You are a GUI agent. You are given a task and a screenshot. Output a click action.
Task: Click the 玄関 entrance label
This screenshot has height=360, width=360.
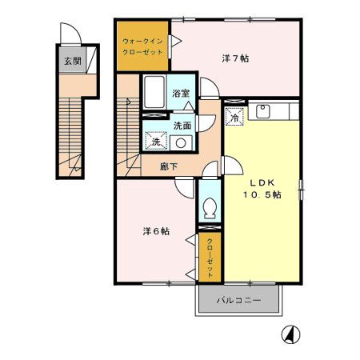pyautogui.click(x=73, y=61)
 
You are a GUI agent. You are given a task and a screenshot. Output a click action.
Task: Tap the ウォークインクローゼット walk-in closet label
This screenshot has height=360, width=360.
pyautogui.click(x=142, y=46)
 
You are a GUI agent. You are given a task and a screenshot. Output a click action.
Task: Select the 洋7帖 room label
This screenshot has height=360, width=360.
pyautogui.click(x=235, y=58)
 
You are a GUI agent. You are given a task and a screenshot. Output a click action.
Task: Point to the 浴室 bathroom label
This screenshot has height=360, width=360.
pyautogui.click(x=181, y=93)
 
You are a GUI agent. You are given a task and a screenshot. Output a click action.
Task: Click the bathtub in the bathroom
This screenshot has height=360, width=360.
pyautogui.click(x=154, y=92)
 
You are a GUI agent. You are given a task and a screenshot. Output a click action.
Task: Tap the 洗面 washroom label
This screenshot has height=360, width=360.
pyautogui.click(x=182, y=126)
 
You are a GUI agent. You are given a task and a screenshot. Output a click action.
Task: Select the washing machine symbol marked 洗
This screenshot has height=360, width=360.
pyautogui.click(x=156, y=141)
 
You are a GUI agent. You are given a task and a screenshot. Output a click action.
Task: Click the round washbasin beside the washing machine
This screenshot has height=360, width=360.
pyautogui.click(x=181, y=143)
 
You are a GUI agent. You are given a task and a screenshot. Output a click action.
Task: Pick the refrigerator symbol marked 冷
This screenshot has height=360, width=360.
pyautogui.click(x=234, y=117)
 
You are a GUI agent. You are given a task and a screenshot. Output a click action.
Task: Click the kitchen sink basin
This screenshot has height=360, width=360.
pyautogui.click(x=263, y=111)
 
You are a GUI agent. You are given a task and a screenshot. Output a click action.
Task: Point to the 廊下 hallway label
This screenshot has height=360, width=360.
pyautogui.click(x=169, y=166)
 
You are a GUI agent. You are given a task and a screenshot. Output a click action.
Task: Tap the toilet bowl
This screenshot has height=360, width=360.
pyautogui.click(x=210, y=208)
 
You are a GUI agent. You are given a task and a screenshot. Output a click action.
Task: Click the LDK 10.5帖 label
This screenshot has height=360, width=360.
pyautogui.click(x=262, y=189)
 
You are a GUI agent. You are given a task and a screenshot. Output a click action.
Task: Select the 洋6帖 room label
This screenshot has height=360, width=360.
pyautogui.click(x=156, y=231)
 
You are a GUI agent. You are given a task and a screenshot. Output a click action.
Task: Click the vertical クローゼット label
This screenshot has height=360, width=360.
pyautogui.click(x=210, y=258)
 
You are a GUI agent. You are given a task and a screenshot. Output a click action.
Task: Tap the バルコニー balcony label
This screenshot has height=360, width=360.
pyautogui.click(x=238, y=300)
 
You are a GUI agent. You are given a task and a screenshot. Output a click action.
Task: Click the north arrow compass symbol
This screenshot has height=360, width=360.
pyautogui.click(x=290, y=334)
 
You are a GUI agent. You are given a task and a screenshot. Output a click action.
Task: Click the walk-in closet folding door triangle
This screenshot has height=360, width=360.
pyautogui.click(x=176, y=41)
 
